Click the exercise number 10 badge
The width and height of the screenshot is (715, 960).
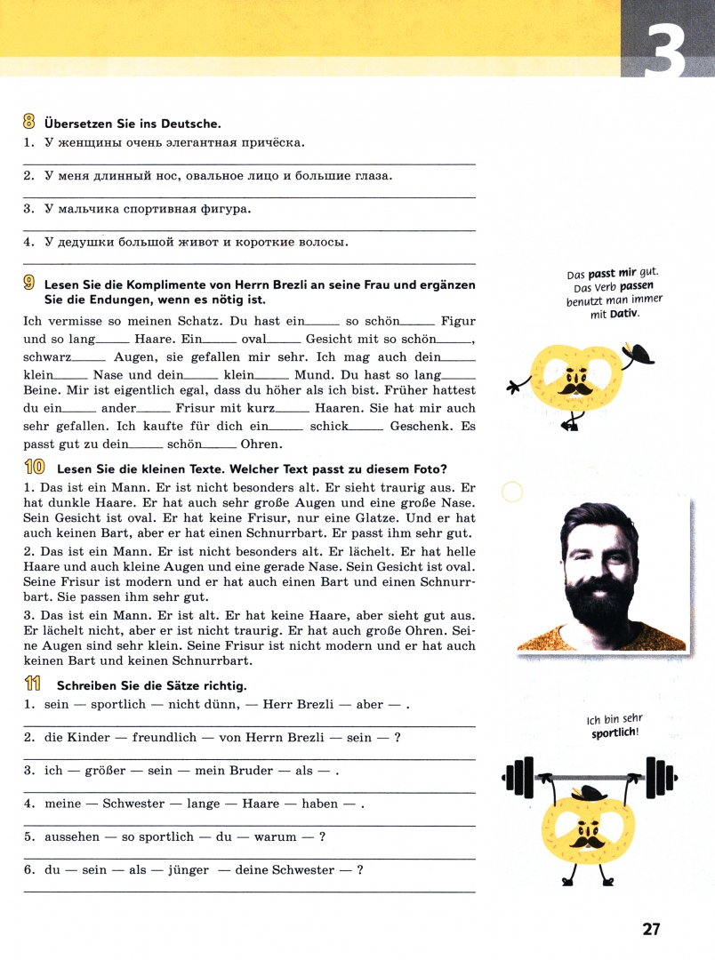point(35,468)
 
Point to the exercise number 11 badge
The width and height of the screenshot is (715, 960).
point(34,684)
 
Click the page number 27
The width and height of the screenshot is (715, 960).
point(652,930)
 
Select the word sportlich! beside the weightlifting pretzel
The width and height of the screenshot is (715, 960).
point(615,733)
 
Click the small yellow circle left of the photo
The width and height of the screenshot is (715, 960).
point(512,492)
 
